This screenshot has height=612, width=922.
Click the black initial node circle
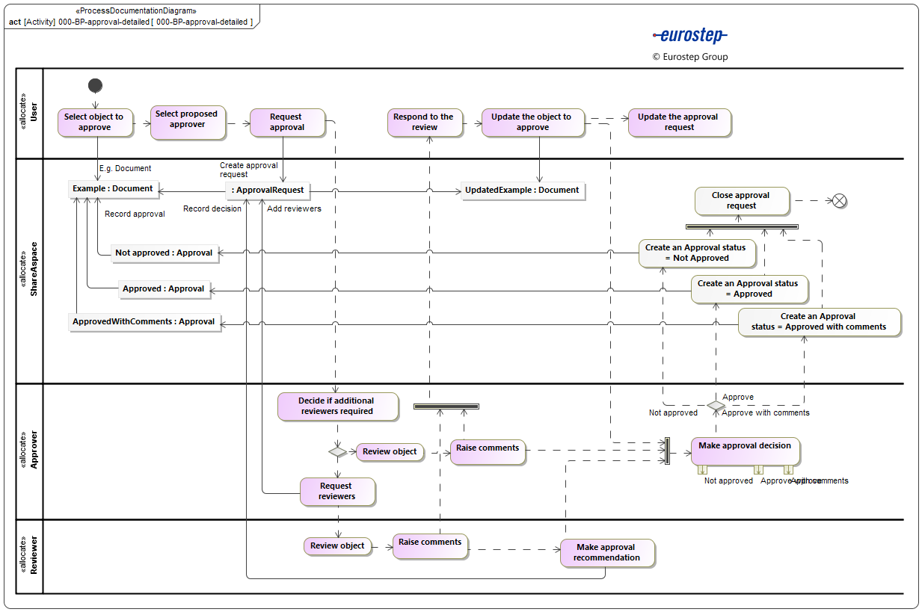(95, 85)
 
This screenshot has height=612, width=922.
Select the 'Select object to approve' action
(94, 123)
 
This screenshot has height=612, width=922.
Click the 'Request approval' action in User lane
(287, 123)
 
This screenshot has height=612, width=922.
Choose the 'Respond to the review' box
(424, 123)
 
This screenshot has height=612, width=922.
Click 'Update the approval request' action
(678, 123)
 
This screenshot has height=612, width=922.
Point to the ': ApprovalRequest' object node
(268, 191)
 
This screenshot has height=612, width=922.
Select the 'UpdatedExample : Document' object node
(522, 191)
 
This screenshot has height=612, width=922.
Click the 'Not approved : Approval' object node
(165, 253)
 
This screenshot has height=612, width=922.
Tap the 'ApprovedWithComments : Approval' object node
(144, 322)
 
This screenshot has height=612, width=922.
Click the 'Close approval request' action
(740, 201)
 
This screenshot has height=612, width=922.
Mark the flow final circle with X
(839, 200)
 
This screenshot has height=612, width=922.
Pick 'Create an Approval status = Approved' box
(749, 288)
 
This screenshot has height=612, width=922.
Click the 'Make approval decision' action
(745, 451)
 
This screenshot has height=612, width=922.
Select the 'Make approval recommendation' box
(607, 553)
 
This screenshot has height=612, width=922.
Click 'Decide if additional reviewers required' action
(336, 406)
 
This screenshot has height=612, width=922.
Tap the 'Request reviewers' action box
(336, 492)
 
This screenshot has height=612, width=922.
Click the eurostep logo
(689, 35)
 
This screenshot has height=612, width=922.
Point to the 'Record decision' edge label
(212, 209)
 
